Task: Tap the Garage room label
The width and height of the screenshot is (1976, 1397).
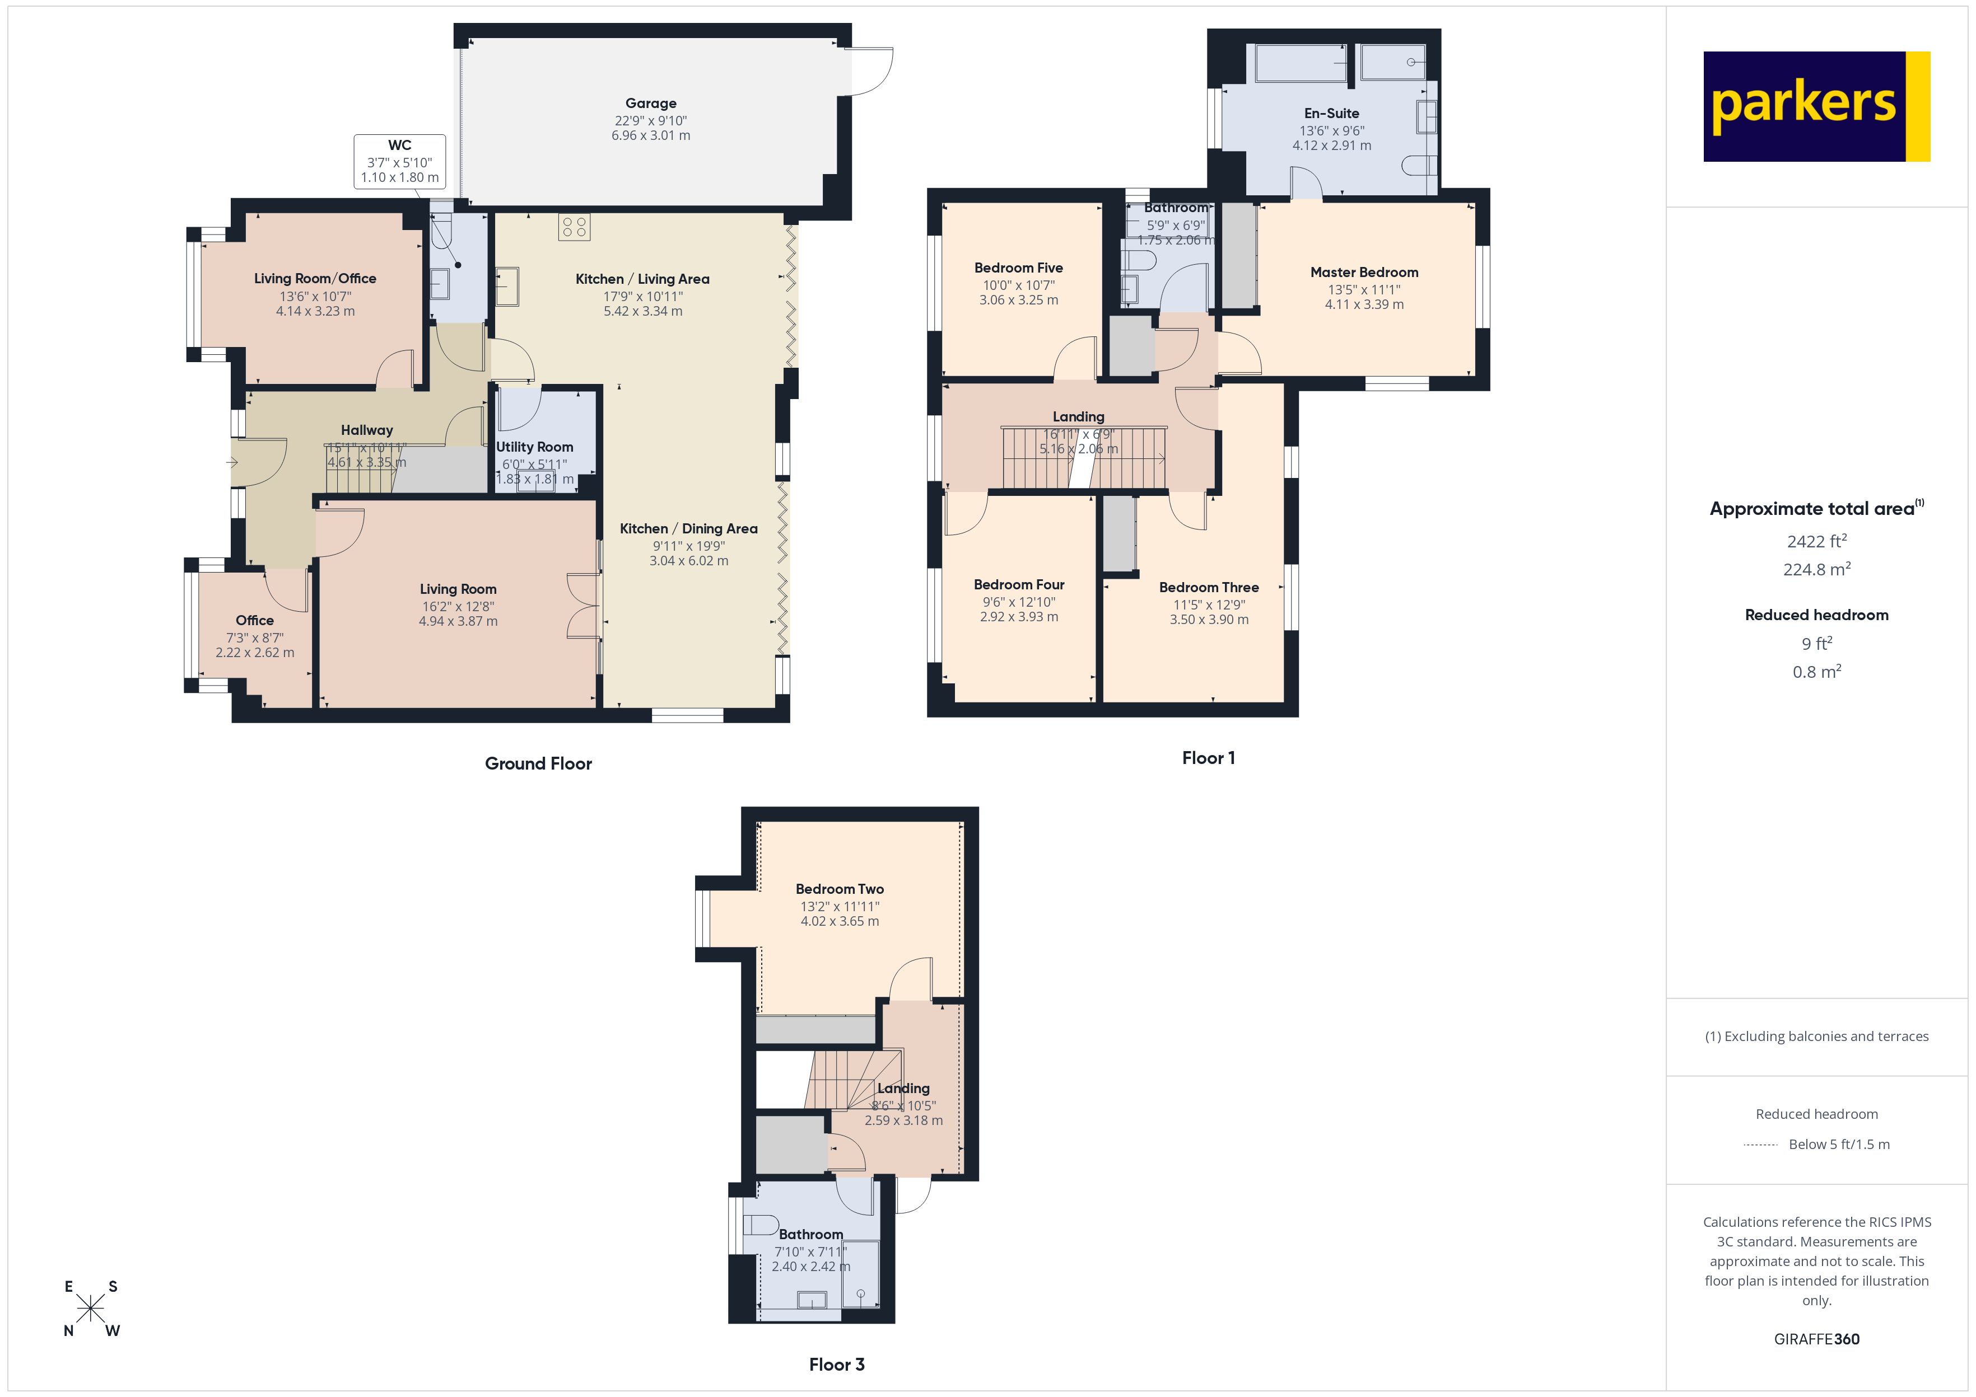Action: (651, 103)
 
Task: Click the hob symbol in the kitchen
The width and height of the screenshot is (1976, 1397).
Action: (574, 227)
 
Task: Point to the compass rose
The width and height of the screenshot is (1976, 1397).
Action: (90, 1309)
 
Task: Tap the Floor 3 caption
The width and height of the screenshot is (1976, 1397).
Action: (837, 1365)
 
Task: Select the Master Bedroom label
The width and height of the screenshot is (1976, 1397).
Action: (1364, 273)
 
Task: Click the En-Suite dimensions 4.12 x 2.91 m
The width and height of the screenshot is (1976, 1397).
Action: (1331, 146)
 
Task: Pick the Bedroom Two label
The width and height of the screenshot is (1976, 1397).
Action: (839, 889)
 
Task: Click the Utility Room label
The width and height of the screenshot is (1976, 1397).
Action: (534, 447)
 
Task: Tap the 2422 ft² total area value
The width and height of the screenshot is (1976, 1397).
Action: (1817, 541)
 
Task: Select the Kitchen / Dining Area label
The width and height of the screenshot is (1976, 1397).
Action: (688, 529)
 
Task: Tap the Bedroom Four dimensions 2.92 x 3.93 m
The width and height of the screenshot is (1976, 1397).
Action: (1019, 617)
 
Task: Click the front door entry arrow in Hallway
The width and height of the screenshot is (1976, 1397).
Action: (232, 463)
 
